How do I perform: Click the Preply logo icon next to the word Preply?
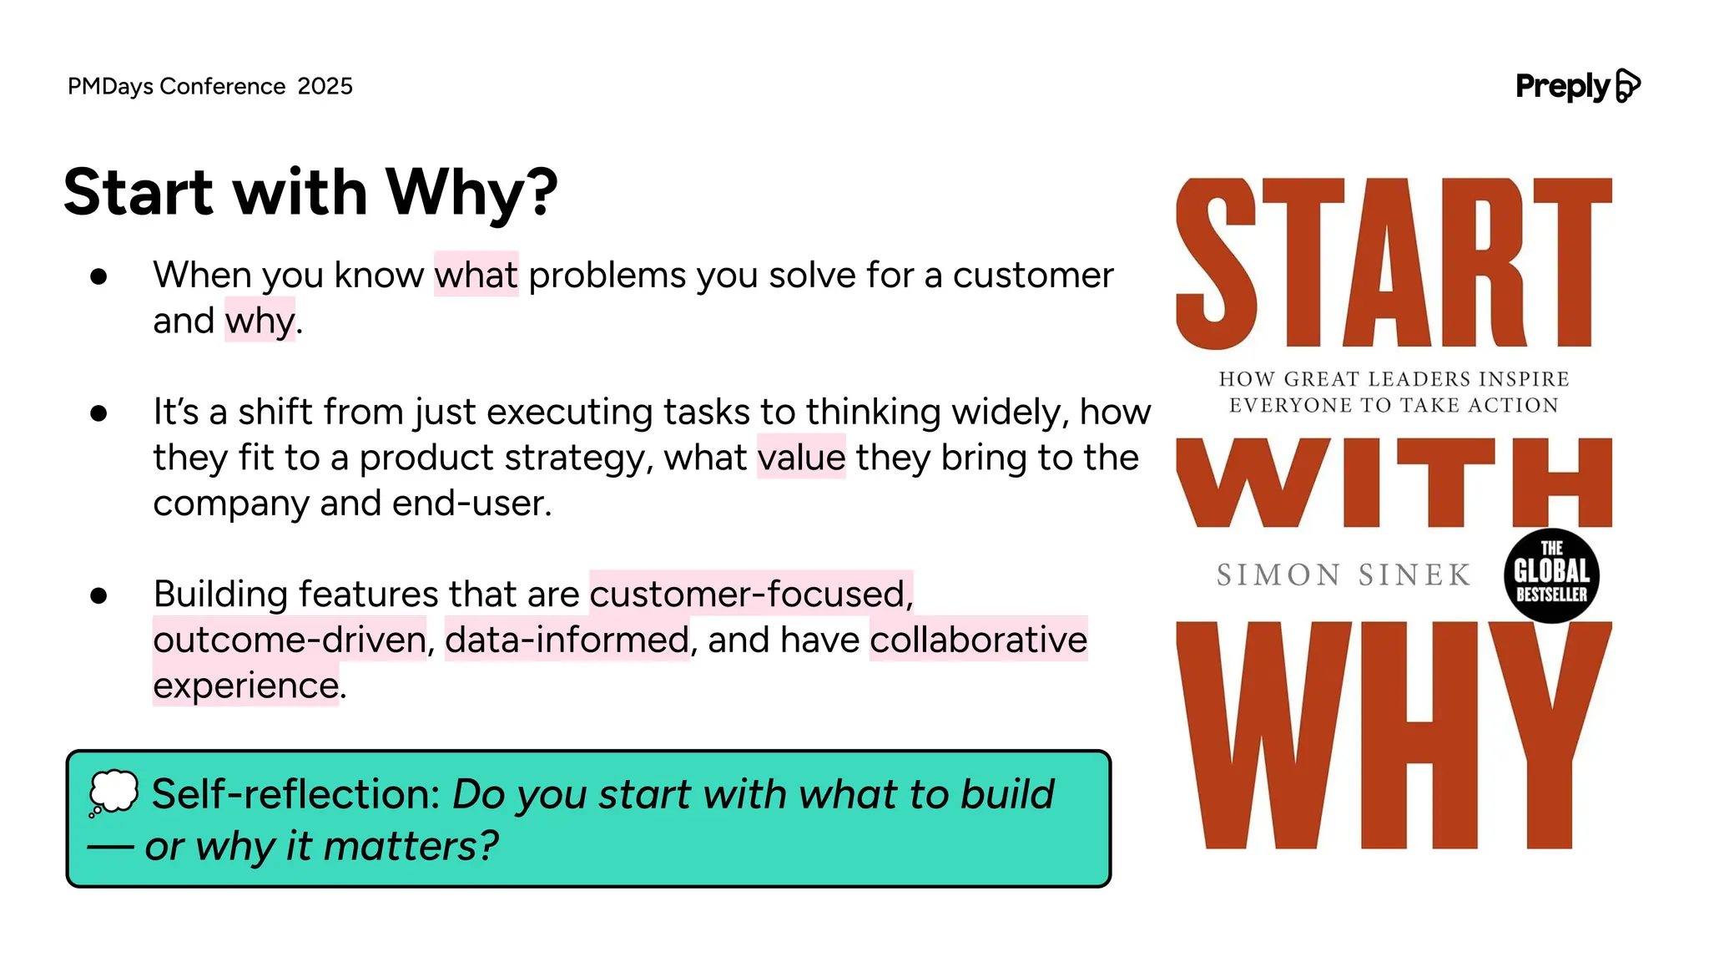tap(1627, 86)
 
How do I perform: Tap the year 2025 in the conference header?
tap(325, 86)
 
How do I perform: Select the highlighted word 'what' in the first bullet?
tap(476, 275)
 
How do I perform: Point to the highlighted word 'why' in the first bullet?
tap(260, 321)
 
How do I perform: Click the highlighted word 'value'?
tap(801, 458)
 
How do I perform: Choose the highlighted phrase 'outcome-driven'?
tap(290, 640)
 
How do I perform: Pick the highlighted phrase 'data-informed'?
tap(567, 640)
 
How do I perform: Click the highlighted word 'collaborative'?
tap(978, 640)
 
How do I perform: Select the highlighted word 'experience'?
tap(246, 686)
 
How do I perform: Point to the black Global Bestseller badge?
tap(1551, 575)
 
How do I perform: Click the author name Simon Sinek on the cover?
tap(1344, 575)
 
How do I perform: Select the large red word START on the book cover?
tap(1394, 263)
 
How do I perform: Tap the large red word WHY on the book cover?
tap(1394, 735)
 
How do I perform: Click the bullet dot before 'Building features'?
tap(98, 595)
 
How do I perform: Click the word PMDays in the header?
tap(110, 86)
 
